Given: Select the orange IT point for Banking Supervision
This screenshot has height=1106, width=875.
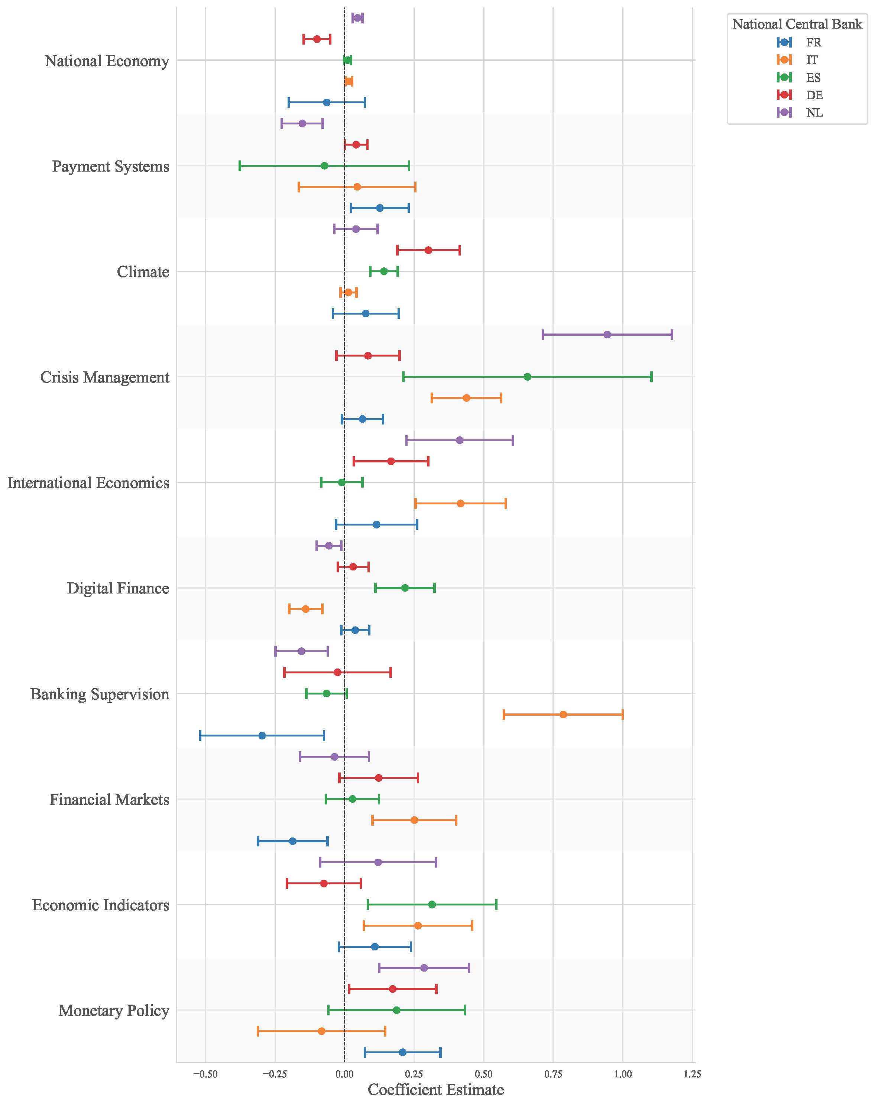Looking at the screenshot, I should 563,714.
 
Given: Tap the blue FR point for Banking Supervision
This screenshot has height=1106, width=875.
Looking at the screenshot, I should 262,735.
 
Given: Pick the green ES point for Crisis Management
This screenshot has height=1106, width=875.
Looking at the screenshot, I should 528,377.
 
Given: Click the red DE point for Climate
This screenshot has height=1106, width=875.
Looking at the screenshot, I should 428,250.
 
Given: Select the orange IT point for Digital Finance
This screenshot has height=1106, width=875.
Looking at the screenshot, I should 306,609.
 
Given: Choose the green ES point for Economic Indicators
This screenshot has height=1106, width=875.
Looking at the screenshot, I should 432,904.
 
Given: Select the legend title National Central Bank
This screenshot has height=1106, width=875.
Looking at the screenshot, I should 797,24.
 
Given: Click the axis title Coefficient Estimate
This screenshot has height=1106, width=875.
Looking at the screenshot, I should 436,1090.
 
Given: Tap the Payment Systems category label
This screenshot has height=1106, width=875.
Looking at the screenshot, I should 111,166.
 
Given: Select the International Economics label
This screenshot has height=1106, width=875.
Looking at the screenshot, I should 88,483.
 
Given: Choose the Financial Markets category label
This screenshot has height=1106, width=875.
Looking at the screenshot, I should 109,799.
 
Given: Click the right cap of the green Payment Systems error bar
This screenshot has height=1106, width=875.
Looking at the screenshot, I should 409,166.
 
